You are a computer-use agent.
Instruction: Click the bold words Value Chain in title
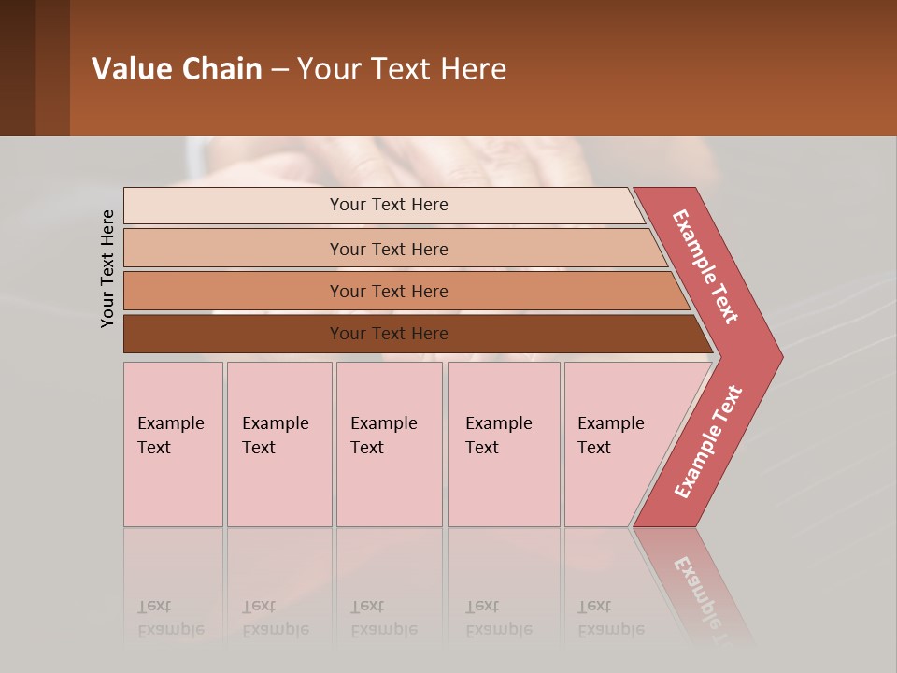[177, 69]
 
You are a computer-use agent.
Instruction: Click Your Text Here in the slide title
[402, 69]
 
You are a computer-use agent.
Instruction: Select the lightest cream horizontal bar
[234, 206]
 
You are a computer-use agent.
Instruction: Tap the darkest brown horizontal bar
[234, 334]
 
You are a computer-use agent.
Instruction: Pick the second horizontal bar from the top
[234, 249]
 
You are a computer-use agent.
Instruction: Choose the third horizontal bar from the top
[234, 291]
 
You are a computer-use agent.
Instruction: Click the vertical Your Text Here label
[107, 268]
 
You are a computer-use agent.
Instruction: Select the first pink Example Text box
[173, 444]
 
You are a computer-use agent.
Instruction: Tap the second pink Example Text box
[279, 444]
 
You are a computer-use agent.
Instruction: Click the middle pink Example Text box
[389, 444]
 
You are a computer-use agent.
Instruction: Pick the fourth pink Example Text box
[504, 444]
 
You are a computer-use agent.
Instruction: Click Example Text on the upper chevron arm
[705, 266]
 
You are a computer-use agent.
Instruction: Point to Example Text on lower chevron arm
[708, 442]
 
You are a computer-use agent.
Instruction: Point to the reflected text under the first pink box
[170, 618]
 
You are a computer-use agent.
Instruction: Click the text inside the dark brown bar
[389, 334]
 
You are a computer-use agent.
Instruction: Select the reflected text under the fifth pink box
[610, 618]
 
